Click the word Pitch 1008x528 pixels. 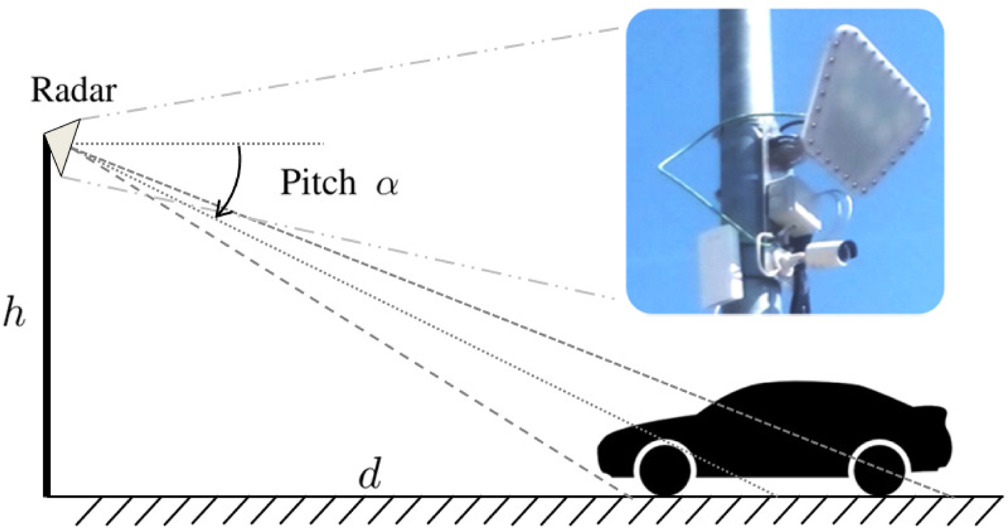point(318,184)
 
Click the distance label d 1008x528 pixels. point(369,478)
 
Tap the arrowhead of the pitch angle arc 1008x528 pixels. point(222,212)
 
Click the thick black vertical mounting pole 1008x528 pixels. point(48,324)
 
